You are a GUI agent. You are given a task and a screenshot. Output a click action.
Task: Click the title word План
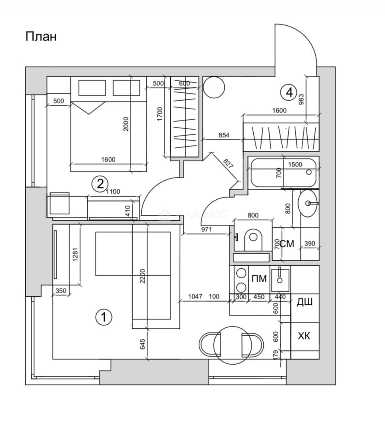pos(41,36)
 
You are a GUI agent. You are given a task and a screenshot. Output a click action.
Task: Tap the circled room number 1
pos(104,317)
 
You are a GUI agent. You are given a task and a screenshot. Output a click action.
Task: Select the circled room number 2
pos(100,184)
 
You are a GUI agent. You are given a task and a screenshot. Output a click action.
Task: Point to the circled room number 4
pos(289,92)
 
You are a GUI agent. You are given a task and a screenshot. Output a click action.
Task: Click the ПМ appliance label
pos(259,279)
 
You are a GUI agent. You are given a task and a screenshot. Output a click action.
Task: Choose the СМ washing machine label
pos(287,243)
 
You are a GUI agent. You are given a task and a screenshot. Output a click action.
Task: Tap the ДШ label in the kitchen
pos(305,302)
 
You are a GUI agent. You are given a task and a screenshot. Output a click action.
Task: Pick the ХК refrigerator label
pos(304,336)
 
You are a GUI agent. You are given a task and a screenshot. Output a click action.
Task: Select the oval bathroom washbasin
pos(308,203)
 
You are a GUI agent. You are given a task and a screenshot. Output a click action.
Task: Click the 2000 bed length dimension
pos(125,124)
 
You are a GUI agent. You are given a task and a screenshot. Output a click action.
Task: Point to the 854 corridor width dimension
pos(224,135)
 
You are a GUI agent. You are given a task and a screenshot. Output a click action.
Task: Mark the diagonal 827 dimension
pos(227,164)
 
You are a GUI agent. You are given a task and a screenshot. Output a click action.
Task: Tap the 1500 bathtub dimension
pos(295,164)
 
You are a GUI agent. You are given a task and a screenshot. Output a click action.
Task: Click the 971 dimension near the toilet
pos(207,229)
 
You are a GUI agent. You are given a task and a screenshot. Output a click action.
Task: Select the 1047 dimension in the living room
pos(195,296)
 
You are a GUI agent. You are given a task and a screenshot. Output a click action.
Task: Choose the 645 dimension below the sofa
pos(142,344)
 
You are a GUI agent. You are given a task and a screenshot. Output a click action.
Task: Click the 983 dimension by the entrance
pos(301,99)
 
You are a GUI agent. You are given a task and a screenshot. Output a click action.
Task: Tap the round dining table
pos(232,346)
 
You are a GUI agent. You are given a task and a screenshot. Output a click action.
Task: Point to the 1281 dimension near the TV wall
pos(75,254)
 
